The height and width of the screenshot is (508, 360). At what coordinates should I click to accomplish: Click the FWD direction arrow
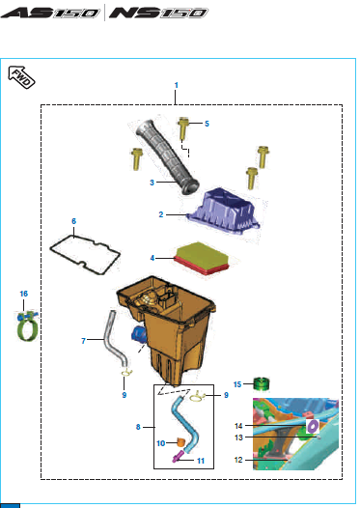21,77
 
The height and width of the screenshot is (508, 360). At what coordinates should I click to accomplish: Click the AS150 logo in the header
50,13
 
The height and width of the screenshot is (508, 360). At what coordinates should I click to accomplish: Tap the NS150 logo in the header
158,13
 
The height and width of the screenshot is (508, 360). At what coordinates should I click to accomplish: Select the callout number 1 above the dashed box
176,85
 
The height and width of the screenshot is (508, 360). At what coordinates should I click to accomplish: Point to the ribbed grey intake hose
167,157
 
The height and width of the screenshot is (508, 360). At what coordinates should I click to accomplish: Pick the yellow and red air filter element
202,259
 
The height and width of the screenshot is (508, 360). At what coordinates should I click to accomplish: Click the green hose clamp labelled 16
28,325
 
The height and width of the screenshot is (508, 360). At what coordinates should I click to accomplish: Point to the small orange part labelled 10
180,442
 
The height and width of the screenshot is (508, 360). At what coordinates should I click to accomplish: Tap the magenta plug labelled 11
177,458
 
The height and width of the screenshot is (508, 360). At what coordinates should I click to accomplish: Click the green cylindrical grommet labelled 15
261,384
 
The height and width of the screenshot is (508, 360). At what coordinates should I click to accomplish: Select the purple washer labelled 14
313,426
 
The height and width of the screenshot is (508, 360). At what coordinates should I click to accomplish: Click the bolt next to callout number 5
183,128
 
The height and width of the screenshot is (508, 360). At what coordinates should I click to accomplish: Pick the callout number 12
238,460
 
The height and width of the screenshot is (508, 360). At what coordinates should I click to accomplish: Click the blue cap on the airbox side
138,334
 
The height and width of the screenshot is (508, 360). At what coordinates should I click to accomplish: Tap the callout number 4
152,258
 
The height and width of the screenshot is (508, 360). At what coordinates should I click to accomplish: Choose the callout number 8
138,427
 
